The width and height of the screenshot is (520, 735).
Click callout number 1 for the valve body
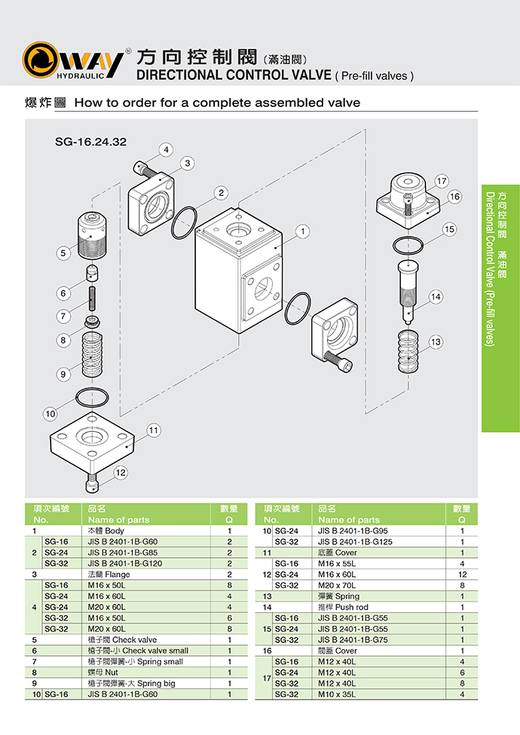click(302, 231)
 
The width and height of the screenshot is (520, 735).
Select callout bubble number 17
click(442, 181)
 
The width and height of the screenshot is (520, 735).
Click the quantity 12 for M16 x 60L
click(461, 574)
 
